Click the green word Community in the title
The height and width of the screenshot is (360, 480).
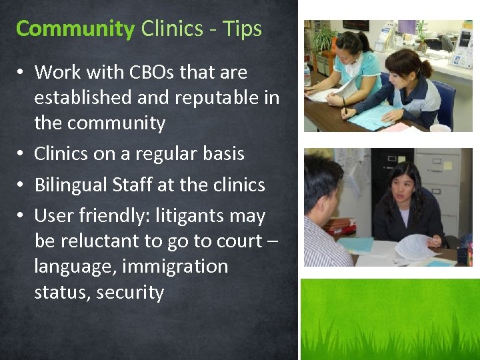click(x=75, y=29)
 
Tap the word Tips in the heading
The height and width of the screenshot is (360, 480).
click(x=243, y=29)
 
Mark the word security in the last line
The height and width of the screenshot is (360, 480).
click(x=130, y=293)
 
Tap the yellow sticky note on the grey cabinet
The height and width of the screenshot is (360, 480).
click(x=447, y=165)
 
